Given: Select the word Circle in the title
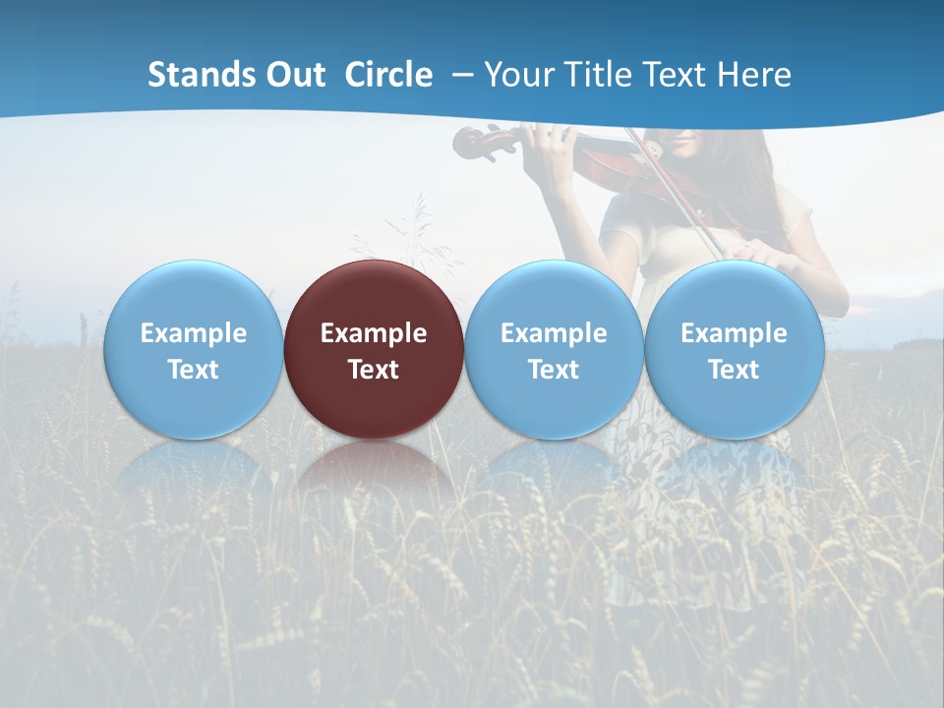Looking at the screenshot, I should [x=388, y=75].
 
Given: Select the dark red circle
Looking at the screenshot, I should [x=374, y=295].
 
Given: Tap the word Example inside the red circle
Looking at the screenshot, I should [x=374, y=333].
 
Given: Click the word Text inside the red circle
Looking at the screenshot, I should [x=374, y=370].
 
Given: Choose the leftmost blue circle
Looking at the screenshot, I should [x=193, y=295].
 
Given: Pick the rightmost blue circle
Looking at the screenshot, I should [x=734, y=295].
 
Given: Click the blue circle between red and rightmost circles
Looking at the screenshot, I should [x=554, y=295].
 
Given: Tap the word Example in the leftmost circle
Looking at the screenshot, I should [x=193, y=333].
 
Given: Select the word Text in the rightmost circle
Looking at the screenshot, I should [x=734, y=370].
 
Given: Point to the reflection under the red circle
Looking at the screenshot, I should [x=374, y=467].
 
